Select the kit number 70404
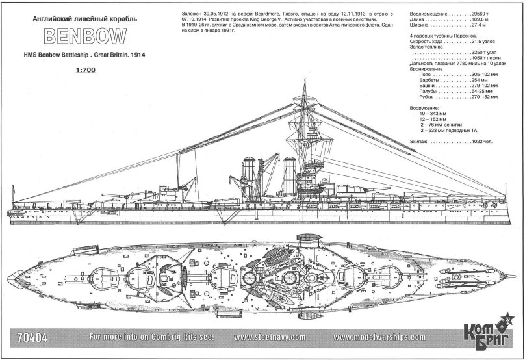pos(30,337)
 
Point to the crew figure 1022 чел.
pos(480,140)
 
